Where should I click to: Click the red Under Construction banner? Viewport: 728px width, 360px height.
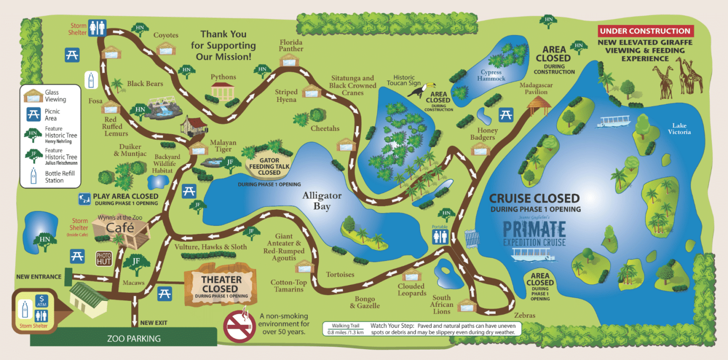pos(646,31)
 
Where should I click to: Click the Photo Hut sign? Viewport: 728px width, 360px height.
pos(104,258)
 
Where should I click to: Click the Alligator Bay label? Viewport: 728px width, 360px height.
pos(322,201)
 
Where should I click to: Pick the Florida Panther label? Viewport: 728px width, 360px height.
pos(291,45)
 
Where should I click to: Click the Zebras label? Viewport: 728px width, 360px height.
pos(524,315)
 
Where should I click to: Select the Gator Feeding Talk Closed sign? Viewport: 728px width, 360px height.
pos(270,166)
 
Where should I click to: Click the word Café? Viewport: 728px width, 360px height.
pos(119,228)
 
